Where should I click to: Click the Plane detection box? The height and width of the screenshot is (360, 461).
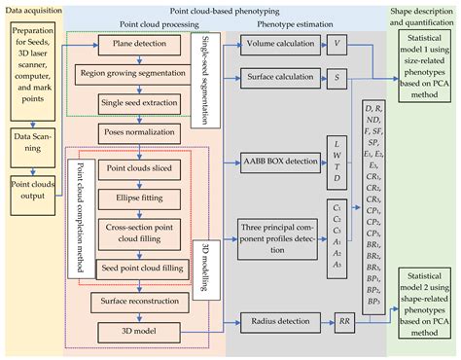(131, 47)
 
